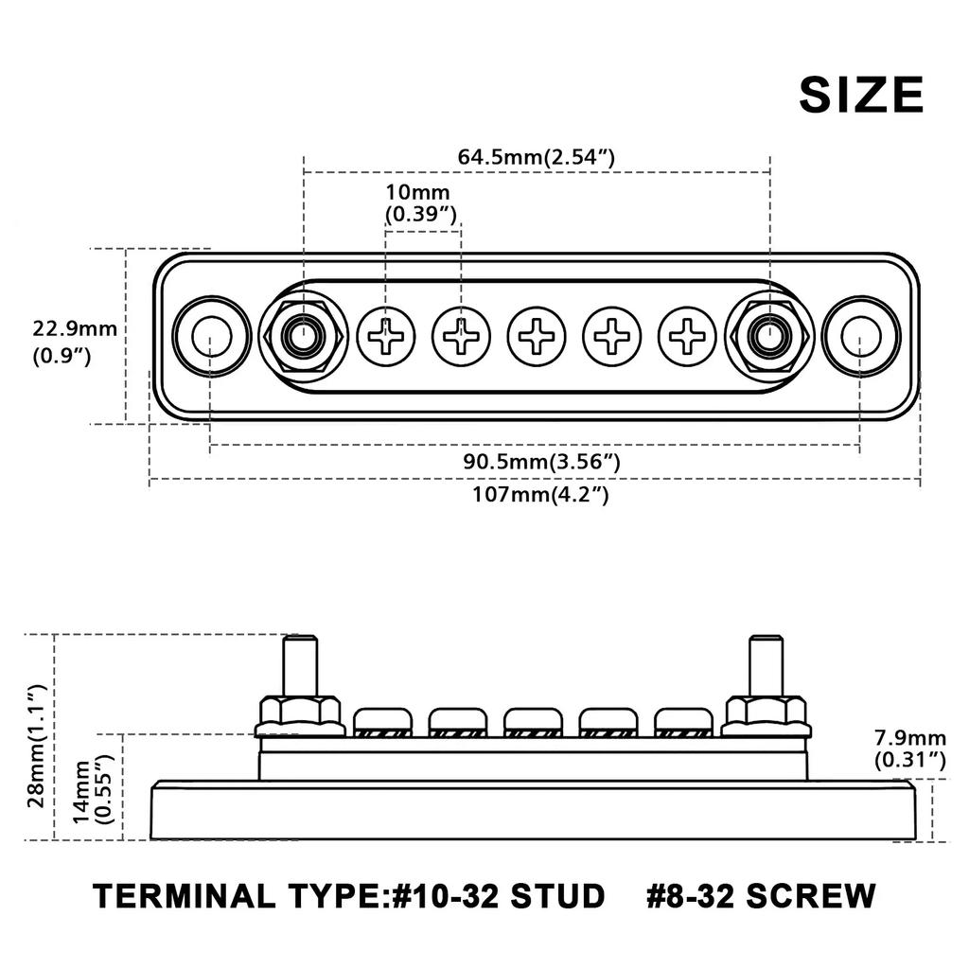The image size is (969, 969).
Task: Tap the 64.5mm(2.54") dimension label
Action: point(537,156)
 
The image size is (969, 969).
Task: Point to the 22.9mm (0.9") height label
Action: point(75,343)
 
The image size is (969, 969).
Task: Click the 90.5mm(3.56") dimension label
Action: point(541,462)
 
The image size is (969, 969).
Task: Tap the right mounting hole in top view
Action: point(859,336)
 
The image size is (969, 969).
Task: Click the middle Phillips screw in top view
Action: point(537,336)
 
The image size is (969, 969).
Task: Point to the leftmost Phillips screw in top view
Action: point(386,336)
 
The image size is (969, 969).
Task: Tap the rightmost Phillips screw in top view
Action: point(687,336)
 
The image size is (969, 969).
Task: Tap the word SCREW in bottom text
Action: point(811,894)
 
